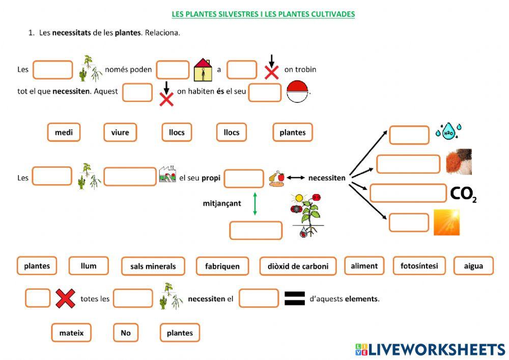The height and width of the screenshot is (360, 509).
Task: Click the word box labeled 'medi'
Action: coord(64,132)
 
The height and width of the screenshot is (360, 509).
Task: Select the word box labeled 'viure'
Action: coord(120,132)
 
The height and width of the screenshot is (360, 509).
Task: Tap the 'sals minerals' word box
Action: coord(153,266)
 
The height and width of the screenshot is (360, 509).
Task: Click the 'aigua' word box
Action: coord(473,266)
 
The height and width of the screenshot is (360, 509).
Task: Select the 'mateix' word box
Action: coord(71,333)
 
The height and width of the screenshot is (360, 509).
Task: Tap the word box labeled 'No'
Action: coord(126,333)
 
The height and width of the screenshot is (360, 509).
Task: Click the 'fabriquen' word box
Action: coord(222,266)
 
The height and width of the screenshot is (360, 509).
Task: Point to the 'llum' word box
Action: coord(89,266)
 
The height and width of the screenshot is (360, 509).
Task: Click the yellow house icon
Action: coord(203,71)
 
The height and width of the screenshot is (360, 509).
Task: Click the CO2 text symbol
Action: coord(463,194)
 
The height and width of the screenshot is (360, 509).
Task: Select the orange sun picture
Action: coord(446,223)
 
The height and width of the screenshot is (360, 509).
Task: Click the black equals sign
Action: coord(294,298)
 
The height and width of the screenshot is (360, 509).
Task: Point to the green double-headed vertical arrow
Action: coord(255,204)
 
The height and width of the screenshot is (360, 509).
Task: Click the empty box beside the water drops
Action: coord(409,135)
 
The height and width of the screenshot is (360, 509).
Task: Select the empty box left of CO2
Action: coord(408,193)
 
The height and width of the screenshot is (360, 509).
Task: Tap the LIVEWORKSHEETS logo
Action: coord(430,349)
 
